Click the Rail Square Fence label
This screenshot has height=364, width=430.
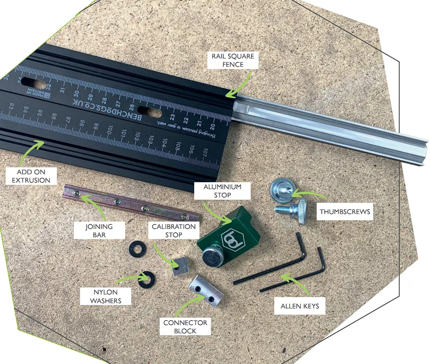point(233,60)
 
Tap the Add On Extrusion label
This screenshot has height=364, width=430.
point(28,176)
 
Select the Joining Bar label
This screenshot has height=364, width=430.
point(99,231)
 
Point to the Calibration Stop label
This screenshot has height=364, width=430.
point(174,231)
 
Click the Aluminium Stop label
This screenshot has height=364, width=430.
point(222,191)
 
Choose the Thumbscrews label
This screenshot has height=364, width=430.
point(345,212)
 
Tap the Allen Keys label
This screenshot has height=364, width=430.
point(300,306)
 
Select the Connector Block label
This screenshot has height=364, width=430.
point(185,326)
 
